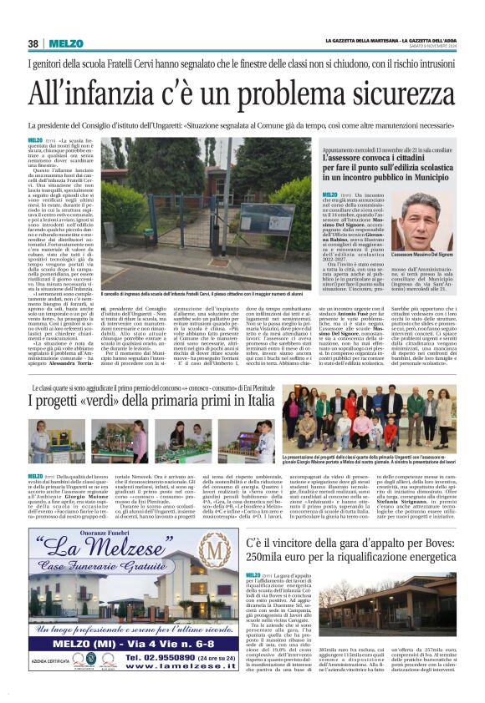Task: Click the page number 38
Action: (x=33, y=43)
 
